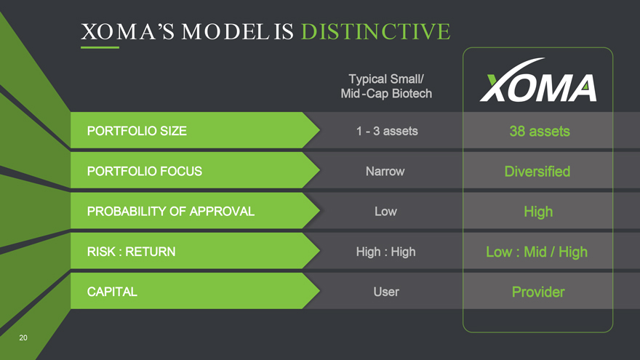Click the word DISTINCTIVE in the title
375,32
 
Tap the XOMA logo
538,80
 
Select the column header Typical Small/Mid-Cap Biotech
386,86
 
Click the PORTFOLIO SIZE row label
137,131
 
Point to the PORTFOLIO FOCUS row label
145,171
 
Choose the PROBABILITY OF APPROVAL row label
171,212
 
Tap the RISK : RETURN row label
131,252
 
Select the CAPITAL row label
112,292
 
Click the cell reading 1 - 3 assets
387,131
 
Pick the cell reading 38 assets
540,131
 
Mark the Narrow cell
385,171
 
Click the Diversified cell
537,172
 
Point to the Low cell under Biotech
385,212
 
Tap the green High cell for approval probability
538,212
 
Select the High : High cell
385,252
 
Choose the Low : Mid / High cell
537,252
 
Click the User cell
386,292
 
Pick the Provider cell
538,292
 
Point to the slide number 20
23,337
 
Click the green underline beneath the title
100,47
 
